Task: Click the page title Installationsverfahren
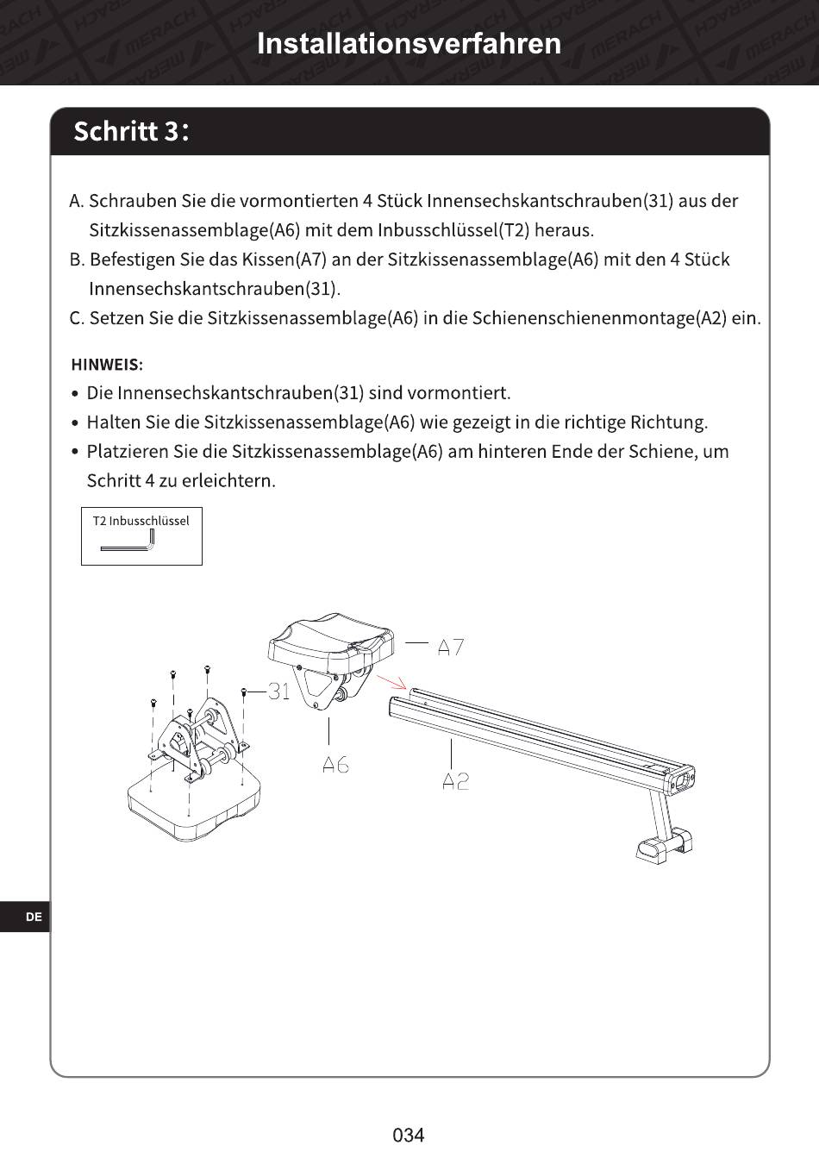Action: [x=409, y=44]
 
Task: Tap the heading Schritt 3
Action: [x=131, y=131]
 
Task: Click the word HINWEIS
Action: [x=107, y=364]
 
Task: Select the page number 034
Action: [x=409, y=1135]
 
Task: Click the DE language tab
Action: [x=34, y=917]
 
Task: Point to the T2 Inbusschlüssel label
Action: [x=141, y=521]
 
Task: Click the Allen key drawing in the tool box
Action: [x=128, y=541]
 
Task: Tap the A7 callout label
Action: [x=450, y=648]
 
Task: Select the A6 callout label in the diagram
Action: [x=335, y=765]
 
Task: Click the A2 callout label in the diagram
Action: [x=455, y=781]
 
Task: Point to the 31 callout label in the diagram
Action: [x=279, y=692]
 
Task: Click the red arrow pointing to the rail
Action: [x=391, y=682]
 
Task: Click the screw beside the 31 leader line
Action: [x=244, y=692]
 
